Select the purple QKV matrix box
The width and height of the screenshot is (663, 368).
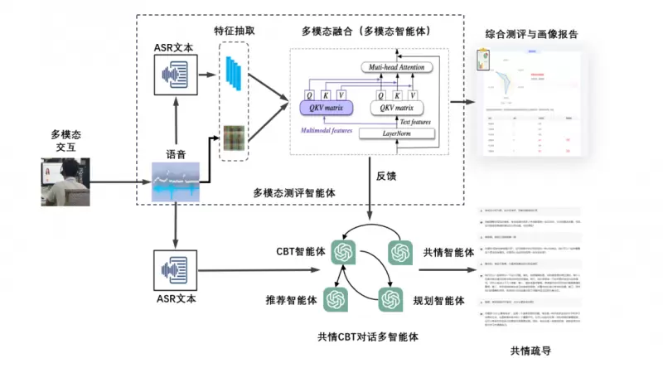326,108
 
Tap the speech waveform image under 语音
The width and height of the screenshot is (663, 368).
176,182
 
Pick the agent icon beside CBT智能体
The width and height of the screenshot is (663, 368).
343,250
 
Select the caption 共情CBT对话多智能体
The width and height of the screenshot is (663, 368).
367,337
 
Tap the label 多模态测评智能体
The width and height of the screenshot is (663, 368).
293,192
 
